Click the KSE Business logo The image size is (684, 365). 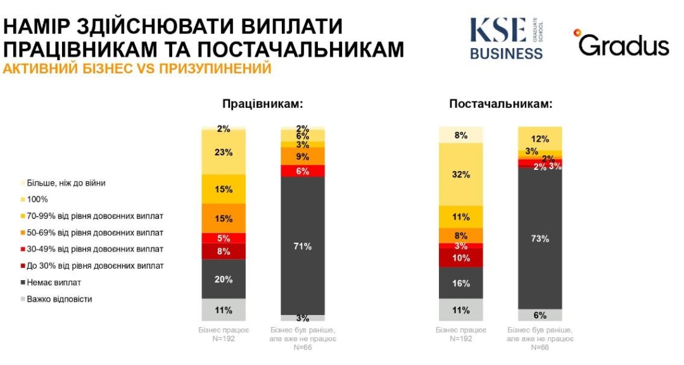click(x=507, y=38)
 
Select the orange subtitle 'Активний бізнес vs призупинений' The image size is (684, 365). click(x=137, y=68)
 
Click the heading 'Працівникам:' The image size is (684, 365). click(x=262, y=104)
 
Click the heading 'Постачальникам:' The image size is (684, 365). click(x=501, y=104)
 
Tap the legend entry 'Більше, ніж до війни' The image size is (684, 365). click(x=66, y=183)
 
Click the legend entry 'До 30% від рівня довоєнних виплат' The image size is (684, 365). click(x=94, y=266)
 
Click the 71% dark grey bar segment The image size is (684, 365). click(x=303, y=246)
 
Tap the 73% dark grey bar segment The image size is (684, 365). click(x=540, y=239)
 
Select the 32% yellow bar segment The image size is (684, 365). click(x=461, y=174)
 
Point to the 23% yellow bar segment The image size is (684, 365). click(x=224, y=152)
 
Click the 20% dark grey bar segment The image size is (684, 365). click(x=224, y=279)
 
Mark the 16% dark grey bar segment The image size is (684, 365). click(x=461, y=283)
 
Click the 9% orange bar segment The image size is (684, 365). click(x=303, y=156)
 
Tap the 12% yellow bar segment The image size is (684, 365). click(x=540, y=138)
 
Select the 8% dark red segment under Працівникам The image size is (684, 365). click(x=224, y=252)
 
